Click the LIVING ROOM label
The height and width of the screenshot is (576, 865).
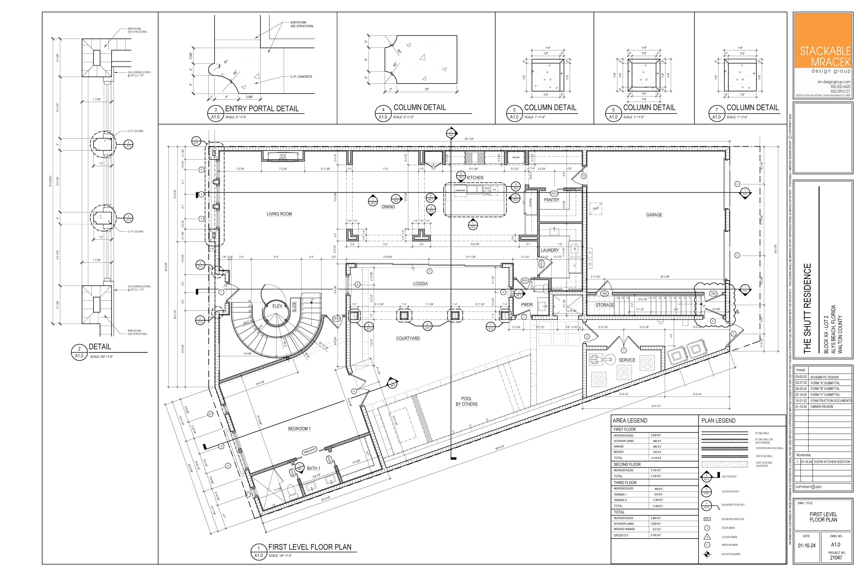pyautogui.click(x=279, y=214)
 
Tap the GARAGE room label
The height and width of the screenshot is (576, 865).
pyautogui.click(x=654, y=215)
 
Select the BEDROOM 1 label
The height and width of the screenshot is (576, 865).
pyautogui.click(x=299, y=429)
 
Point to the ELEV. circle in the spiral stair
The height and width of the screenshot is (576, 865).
pyautogui.click(x=278, y=306)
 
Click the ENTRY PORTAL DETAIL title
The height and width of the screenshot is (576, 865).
pyautogui.click(x=262, y=109)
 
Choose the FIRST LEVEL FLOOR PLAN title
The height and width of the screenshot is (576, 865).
pyautogui.click(x=310, y=547)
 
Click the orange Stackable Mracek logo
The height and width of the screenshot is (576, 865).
pyautogui.click(x=823, y=40)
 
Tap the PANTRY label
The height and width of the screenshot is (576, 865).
pyautogui.click(x=551, y=200)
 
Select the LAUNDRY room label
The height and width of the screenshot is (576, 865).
pyautogui.click(x=550, y=250)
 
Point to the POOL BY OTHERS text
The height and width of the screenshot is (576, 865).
pyautogui.click(x=466, y=401)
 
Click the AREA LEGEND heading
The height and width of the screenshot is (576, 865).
pyautogui.click(x=630, y=420)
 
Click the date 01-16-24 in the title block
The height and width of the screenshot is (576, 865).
pyautogui.click(x=806, y=546)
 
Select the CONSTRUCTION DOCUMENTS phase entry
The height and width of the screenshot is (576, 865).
pyautogui.click(x=831, y=401)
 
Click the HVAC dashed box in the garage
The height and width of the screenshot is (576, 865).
pyautogui.click(x=595, y=208)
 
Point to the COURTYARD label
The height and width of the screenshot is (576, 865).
pyautogui.click(x=408, y=338)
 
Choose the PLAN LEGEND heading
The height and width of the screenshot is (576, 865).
pyautogui.click(x=718, y=420)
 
